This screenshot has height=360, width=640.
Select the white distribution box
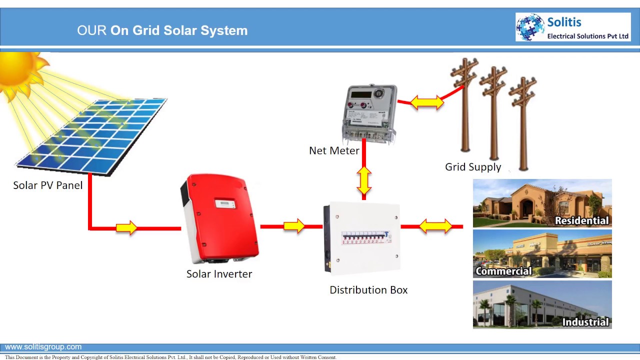[362, 238]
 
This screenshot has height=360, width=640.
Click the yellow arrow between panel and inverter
[126, 228]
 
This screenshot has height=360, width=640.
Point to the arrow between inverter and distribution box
[294, 226]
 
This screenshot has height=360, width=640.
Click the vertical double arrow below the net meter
[364, 180]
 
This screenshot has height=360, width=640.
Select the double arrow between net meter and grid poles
[426, 102]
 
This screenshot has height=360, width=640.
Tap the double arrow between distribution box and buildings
[435, 226]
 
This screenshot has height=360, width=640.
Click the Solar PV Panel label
[48, 185]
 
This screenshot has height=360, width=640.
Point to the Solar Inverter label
[219, 274]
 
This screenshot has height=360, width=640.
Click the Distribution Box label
[368, 290]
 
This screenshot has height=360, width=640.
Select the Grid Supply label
[473, 167]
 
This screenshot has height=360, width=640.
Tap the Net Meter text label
[334, 150]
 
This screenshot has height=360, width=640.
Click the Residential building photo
[542, 203]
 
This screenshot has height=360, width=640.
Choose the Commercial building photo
[542, 254]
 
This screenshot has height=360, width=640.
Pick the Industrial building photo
[542, 304]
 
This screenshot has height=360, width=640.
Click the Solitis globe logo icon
[530, 27]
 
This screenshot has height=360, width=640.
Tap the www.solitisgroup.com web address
[43, 347]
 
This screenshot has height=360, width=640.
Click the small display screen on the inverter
[225, 203]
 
